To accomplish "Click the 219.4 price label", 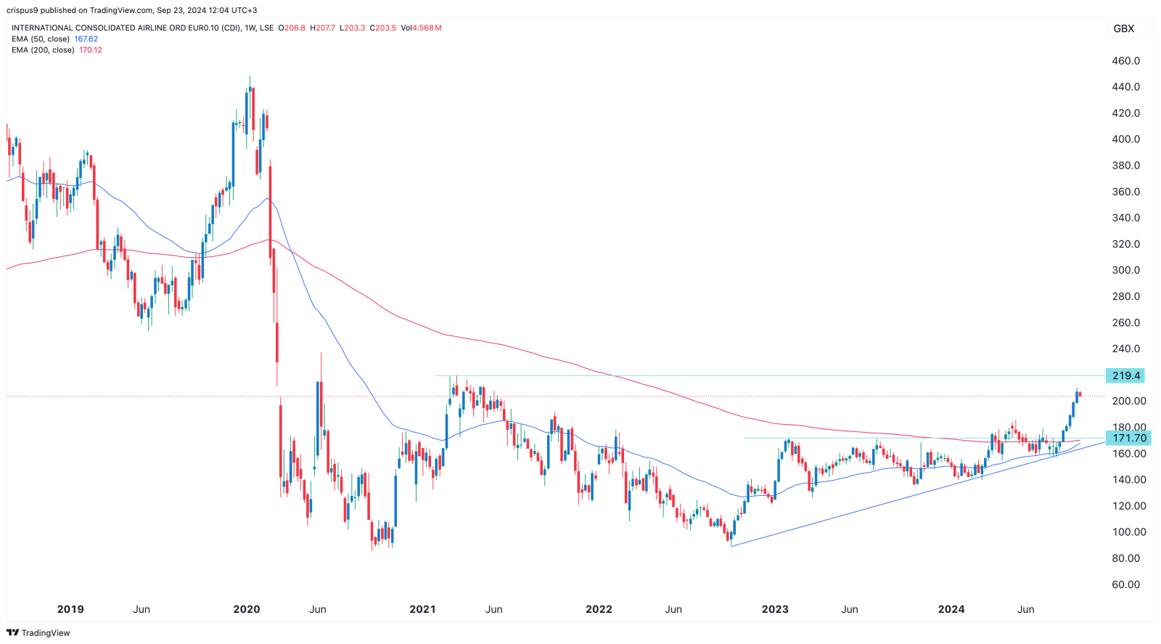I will (x=1126, y=375).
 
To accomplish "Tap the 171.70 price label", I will (x=1129, y=438).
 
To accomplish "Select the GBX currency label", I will (x=1123, y=28).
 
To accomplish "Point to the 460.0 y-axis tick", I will (x=1125, y=61).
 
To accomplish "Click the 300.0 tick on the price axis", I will (x=1125, y=270).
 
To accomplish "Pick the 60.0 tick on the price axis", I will (x=1125, y=584).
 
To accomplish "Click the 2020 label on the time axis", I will (x=247, y=609).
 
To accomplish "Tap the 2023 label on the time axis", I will (x=775, y=609).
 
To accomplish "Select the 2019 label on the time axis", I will (x=70, y=609).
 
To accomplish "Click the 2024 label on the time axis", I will (x=951, y=609).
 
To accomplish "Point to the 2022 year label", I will (x=599, y=609).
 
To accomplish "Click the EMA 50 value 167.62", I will (x=86, y=39).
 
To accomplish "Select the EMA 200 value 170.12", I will (x=91, y=50).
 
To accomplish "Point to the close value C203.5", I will (x=383, y=28).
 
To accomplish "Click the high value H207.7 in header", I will (x=323, y=28).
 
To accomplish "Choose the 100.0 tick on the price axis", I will (x=1125, y=532).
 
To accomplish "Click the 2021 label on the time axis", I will (x=422, y=609).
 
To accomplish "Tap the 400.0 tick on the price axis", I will (x=1125, y=139).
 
